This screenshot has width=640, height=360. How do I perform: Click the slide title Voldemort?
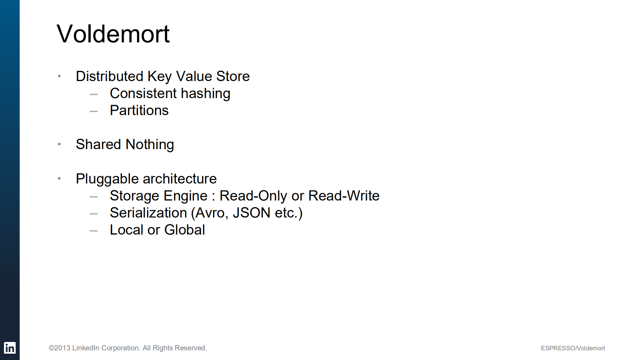[113, 34]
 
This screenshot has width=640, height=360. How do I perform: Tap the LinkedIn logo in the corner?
[10, 348]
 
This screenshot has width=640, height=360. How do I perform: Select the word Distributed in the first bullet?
[109, 76]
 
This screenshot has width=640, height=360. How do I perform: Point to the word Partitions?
[139, 110]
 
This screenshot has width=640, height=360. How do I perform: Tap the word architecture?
[180, 179]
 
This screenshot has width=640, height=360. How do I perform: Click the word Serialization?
[148, 213]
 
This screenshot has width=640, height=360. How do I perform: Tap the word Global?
[184, 230]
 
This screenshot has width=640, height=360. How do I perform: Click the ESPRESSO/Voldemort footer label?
[573, 348]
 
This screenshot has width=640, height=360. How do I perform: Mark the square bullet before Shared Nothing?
[59, 144]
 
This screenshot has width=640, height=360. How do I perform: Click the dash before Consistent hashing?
[94, 94]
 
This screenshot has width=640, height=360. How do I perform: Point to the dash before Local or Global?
[94, 231]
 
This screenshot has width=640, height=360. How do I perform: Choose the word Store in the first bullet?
[233, 76]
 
